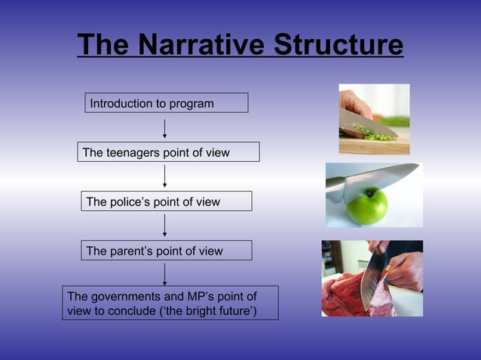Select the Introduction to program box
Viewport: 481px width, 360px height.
pos(166,103)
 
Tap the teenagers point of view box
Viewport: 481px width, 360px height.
pos(169,152)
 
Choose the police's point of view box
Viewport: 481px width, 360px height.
pos(166,201)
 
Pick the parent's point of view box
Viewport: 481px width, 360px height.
pos(166,251)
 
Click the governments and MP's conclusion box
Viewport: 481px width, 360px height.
pos(170,303)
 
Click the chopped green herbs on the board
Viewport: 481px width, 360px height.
pos(373,134)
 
